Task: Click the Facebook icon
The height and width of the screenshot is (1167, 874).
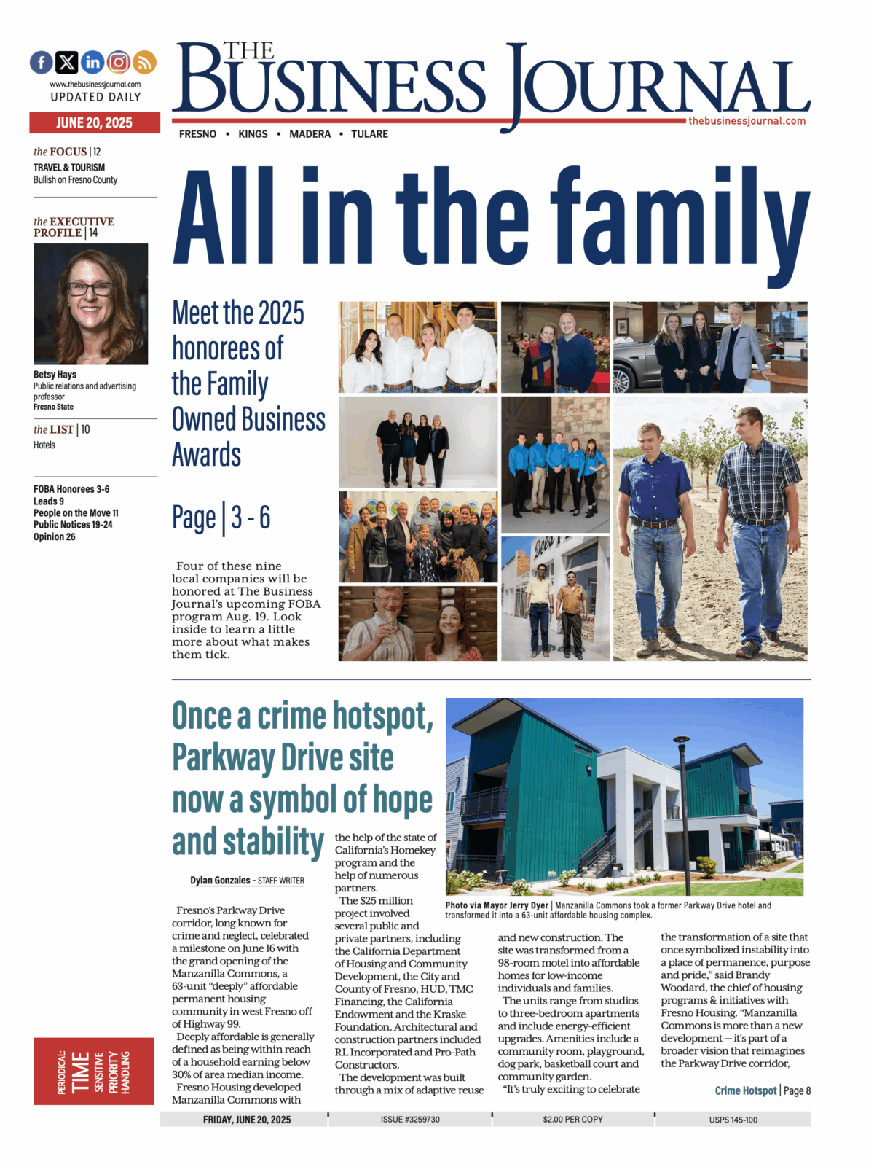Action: (x=42, y=63)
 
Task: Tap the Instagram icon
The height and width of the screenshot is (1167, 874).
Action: (x=119, y=63)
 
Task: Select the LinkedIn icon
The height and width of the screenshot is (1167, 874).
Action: (x=92, y=63)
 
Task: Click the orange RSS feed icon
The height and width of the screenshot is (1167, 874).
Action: (x=144, y=63)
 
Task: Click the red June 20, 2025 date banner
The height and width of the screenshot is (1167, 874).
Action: (x=95, y=122)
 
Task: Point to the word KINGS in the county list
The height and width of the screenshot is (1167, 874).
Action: (x=253, y=134)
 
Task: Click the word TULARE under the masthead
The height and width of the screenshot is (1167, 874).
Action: (x=369, y=134)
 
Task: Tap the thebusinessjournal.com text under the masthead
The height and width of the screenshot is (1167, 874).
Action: (x=747, y=121)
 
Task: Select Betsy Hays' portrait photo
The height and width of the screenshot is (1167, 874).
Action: (x=91, y=304)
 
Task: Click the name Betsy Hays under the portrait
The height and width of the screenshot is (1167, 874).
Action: (x=55, y=375)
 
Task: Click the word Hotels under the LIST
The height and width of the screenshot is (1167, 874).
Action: (x=44, y=445)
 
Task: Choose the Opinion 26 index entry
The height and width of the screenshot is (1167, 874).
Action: (x=55, y=537)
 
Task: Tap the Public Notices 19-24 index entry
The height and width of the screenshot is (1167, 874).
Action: (x=73, y=525)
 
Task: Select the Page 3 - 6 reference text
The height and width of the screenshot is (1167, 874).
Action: (x=221, y=518)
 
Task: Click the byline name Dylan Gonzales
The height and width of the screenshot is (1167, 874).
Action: (x=220, y=881)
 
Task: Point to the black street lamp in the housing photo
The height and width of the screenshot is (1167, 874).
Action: (x=682, y=809)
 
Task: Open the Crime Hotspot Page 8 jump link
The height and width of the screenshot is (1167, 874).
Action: (x=762, y=1090)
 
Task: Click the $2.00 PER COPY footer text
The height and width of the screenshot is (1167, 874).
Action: (x=572, y=1120)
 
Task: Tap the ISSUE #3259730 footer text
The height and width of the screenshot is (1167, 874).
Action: (x=410, y=1120)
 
